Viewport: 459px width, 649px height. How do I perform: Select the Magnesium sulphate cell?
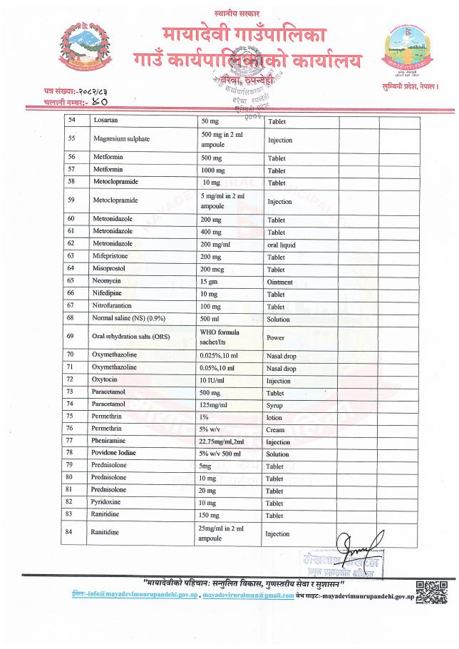click(x=117, y=140)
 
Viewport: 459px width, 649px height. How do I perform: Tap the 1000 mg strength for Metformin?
click(x=213, y=170)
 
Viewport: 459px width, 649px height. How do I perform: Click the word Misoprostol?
click(x=108, y=268)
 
